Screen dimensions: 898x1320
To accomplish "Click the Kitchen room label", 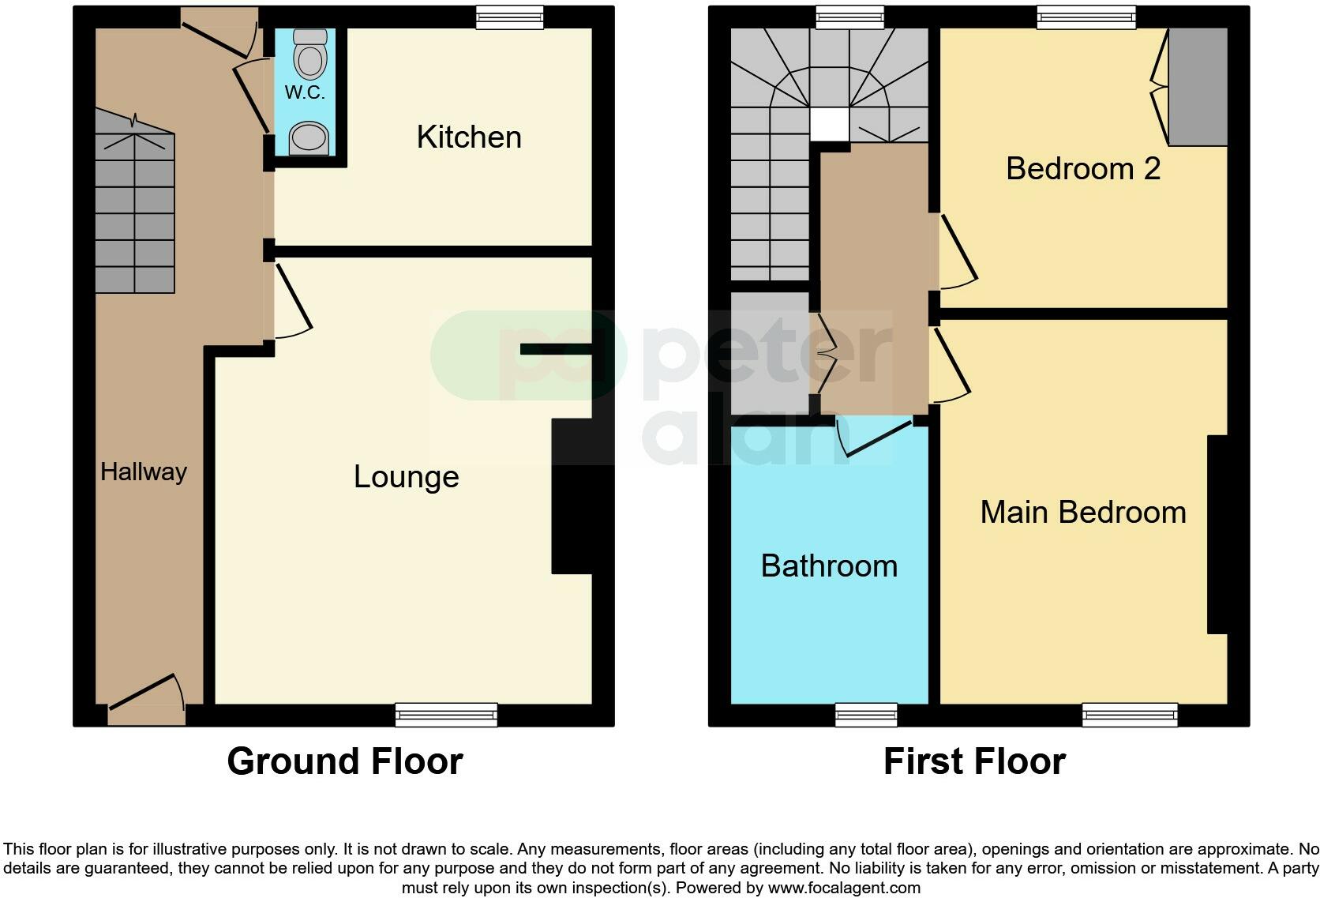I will (469, 137).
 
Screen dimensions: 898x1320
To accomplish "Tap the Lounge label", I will (406, 477).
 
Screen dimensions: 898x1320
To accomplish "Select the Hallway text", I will (144, 472).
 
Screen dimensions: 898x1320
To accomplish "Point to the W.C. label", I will (305, 92).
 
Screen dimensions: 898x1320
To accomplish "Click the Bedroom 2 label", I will (1083, 169).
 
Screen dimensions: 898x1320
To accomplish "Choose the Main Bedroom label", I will (1083, 513).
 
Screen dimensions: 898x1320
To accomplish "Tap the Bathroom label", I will (829, 566).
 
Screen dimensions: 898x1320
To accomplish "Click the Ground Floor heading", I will (345, 761).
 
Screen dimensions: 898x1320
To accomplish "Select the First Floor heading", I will (974, 761).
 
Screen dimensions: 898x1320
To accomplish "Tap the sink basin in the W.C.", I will (309, 138).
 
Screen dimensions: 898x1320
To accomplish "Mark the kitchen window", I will (510, 17).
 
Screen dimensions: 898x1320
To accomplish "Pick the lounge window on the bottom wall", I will (446, 715).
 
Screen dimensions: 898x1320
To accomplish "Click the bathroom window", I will (866, 715).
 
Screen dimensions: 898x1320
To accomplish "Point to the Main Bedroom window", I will (1130, 715).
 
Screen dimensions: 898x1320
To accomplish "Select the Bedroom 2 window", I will (1086, 17).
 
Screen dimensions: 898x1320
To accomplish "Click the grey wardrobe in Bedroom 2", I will (1198, 87).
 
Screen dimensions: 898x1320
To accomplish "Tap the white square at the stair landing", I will (829, 125).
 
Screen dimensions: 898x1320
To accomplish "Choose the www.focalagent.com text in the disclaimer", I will (844, 888).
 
